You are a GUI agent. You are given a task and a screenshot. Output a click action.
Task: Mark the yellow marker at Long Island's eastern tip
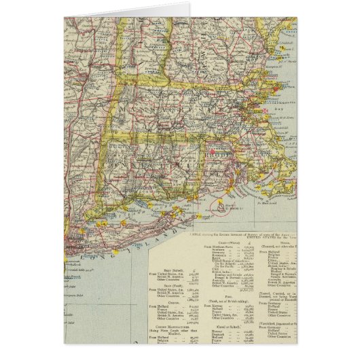181,200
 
